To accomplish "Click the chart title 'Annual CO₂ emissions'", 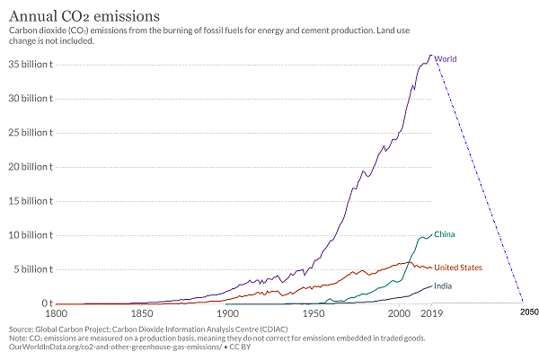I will [85, 15].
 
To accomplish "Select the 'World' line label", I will [446, 58].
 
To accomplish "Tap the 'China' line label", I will [445, 234].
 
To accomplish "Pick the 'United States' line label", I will [458, 268].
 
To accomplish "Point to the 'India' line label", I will [442, 285].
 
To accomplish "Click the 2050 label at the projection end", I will [529, 311].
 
